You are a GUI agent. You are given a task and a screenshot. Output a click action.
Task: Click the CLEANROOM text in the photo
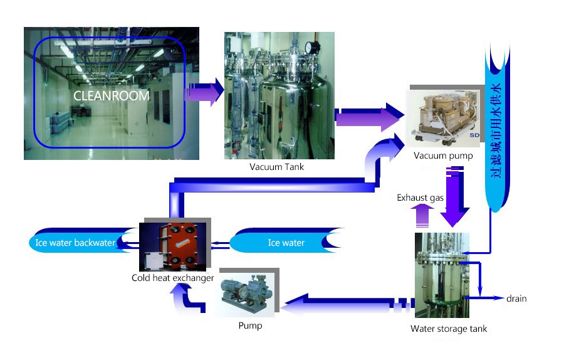click(x=112, y=96)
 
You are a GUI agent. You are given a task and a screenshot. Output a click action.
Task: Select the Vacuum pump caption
click(x=443, y=156)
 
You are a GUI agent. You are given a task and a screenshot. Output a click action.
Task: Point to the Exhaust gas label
click(x=420, y=198)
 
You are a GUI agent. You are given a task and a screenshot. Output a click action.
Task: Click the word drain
click(x=516, y=299)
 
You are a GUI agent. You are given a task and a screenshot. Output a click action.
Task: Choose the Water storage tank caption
click(x=448, y=329)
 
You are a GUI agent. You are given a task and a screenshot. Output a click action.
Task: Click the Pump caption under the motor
click(x=250, y=326)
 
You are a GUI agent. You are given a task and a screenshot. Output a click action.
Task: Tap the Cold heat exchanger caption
click(x=173, y=278)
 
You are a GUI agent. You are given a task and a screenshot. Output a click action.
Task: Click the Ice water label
click(x=286, y=243)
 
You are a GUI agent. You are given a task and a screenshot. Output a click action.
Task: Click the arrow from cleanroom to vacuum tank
click(x=204, y=92)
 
